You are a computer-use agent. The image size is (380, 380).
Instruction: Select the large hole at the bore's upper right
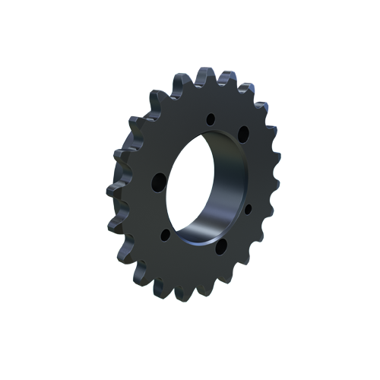tap(243, 134)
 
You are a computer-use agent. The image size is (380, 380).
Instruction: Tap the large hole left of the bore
tap(159, 182)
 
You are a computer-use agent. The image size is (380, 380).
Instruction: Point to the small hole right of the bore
tap(248, 207)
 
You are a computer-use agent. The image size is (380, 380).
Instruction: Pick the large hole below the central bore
tap(220, 246)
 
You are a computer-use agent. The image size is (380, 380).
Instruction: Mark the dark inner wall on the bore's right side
tap(228, 182)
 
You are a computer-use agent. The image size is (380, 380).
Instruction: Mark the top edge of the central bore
tap(209, 135)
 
